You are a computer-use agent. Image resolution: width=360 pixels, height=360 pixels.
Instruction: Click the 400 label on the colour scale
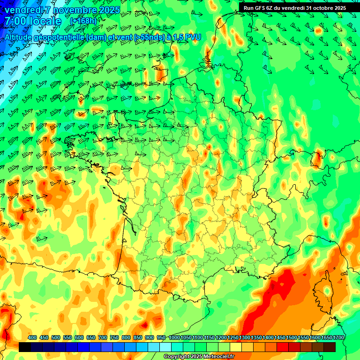click(x=32, y=338)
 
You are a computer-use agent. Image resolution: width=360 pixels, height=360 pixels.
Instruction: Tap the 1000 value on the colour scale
click(x=174, y=338)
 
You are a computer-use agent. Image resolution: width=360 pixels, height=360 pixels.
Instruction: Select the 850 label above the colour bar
click(x=138, y=338)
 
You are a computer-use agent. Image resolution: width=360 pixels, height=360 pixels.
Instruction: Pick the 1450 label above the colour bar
click(x=268, y=338)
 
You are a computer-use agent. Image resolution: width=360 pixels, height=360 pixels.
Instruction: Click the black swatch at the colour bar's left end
click(x=25, y=347)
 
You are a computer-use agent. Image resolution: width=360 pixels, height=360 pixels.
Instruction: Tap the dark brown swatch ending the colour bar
click(x=330, y=347)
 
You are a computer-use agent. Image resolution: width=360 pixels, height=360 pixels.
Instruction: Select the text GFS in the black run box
click(x=261, y=8)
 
